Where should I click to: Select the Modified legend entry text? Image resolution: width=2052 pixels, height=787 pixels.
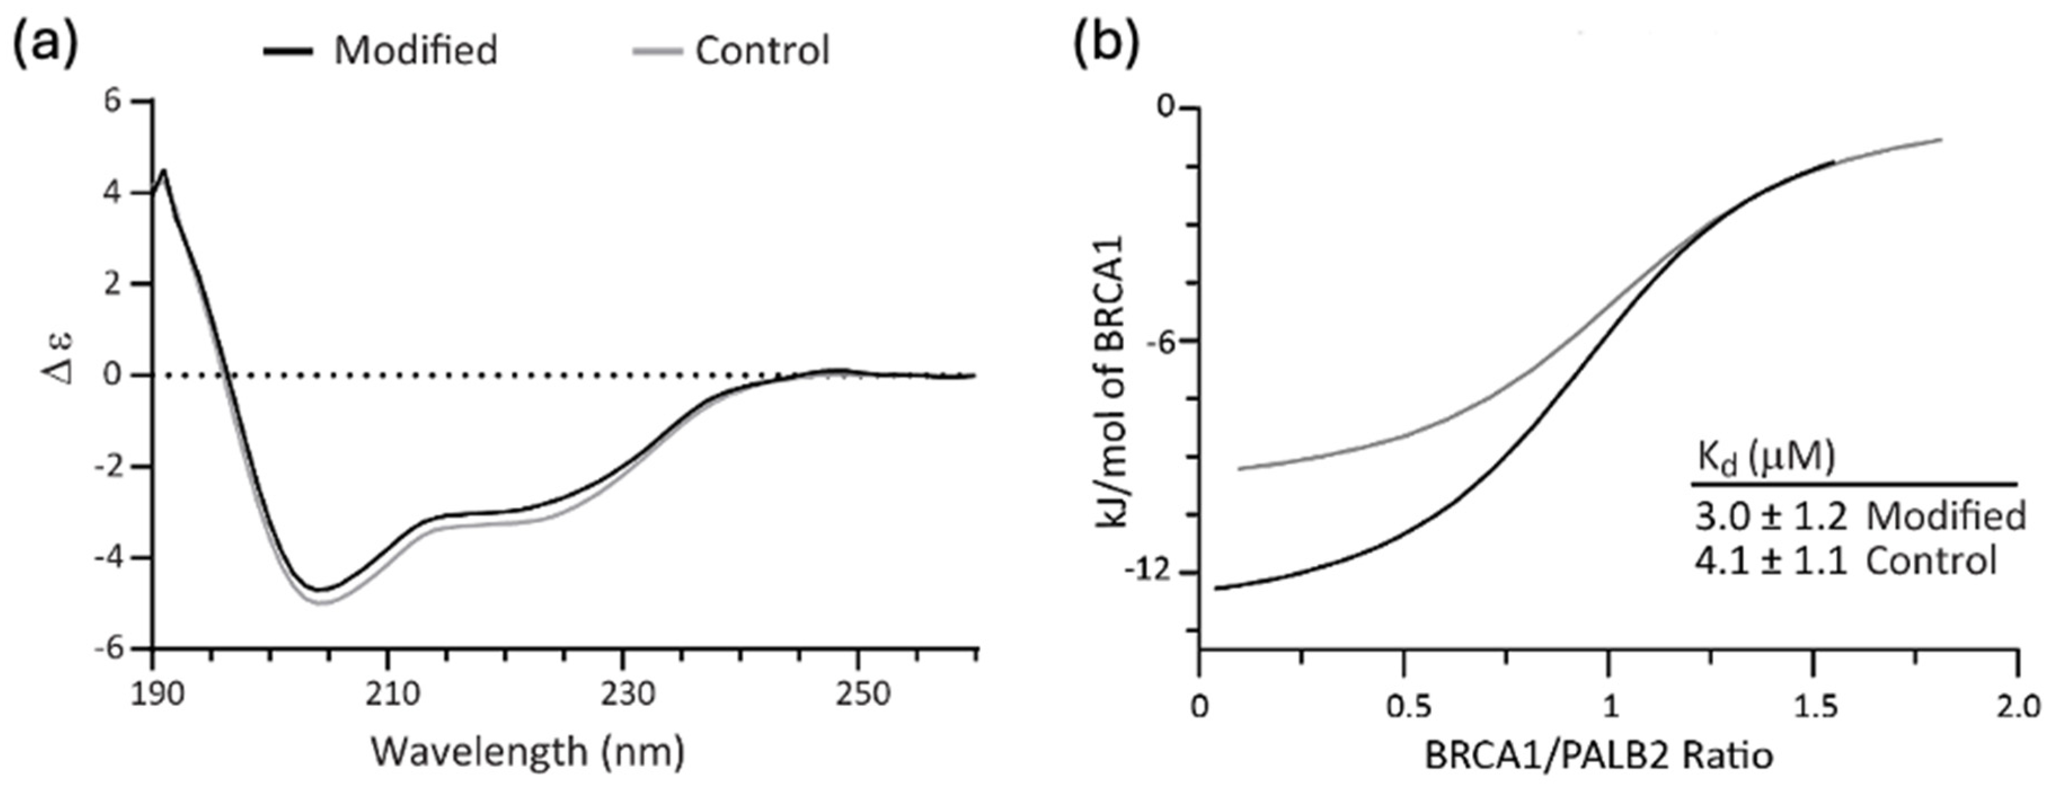click(x=416, y=50)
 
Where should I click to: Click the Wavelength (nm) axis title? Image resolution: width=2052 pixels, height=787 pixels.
click(x=528, y=751)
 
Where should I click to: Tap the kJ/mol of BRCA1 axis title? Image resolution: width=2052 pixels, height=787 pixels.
click(x=1111, y=383)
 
